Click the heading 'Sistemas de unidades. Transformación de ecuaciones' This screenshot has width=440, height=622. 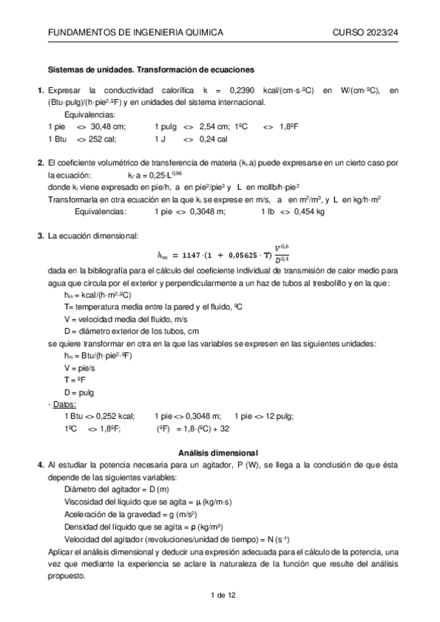pyautogui.click(x=151, y=70)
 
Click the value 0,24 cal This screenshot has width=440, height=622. pyautogui.click(x=213, y=139)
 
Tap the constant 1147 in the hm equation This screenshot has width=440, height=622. pyautogui.click(x=196, y=256)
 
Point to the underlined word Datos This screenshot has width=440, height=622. pyautogui.click(x=65, y=404)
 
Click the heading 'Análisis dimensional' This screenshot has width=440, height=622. pyautogui.click(x=220, y=453)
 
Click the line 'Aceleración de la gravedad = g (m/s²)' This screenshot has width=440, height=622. pyautogui.click(x=129, y=517)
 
